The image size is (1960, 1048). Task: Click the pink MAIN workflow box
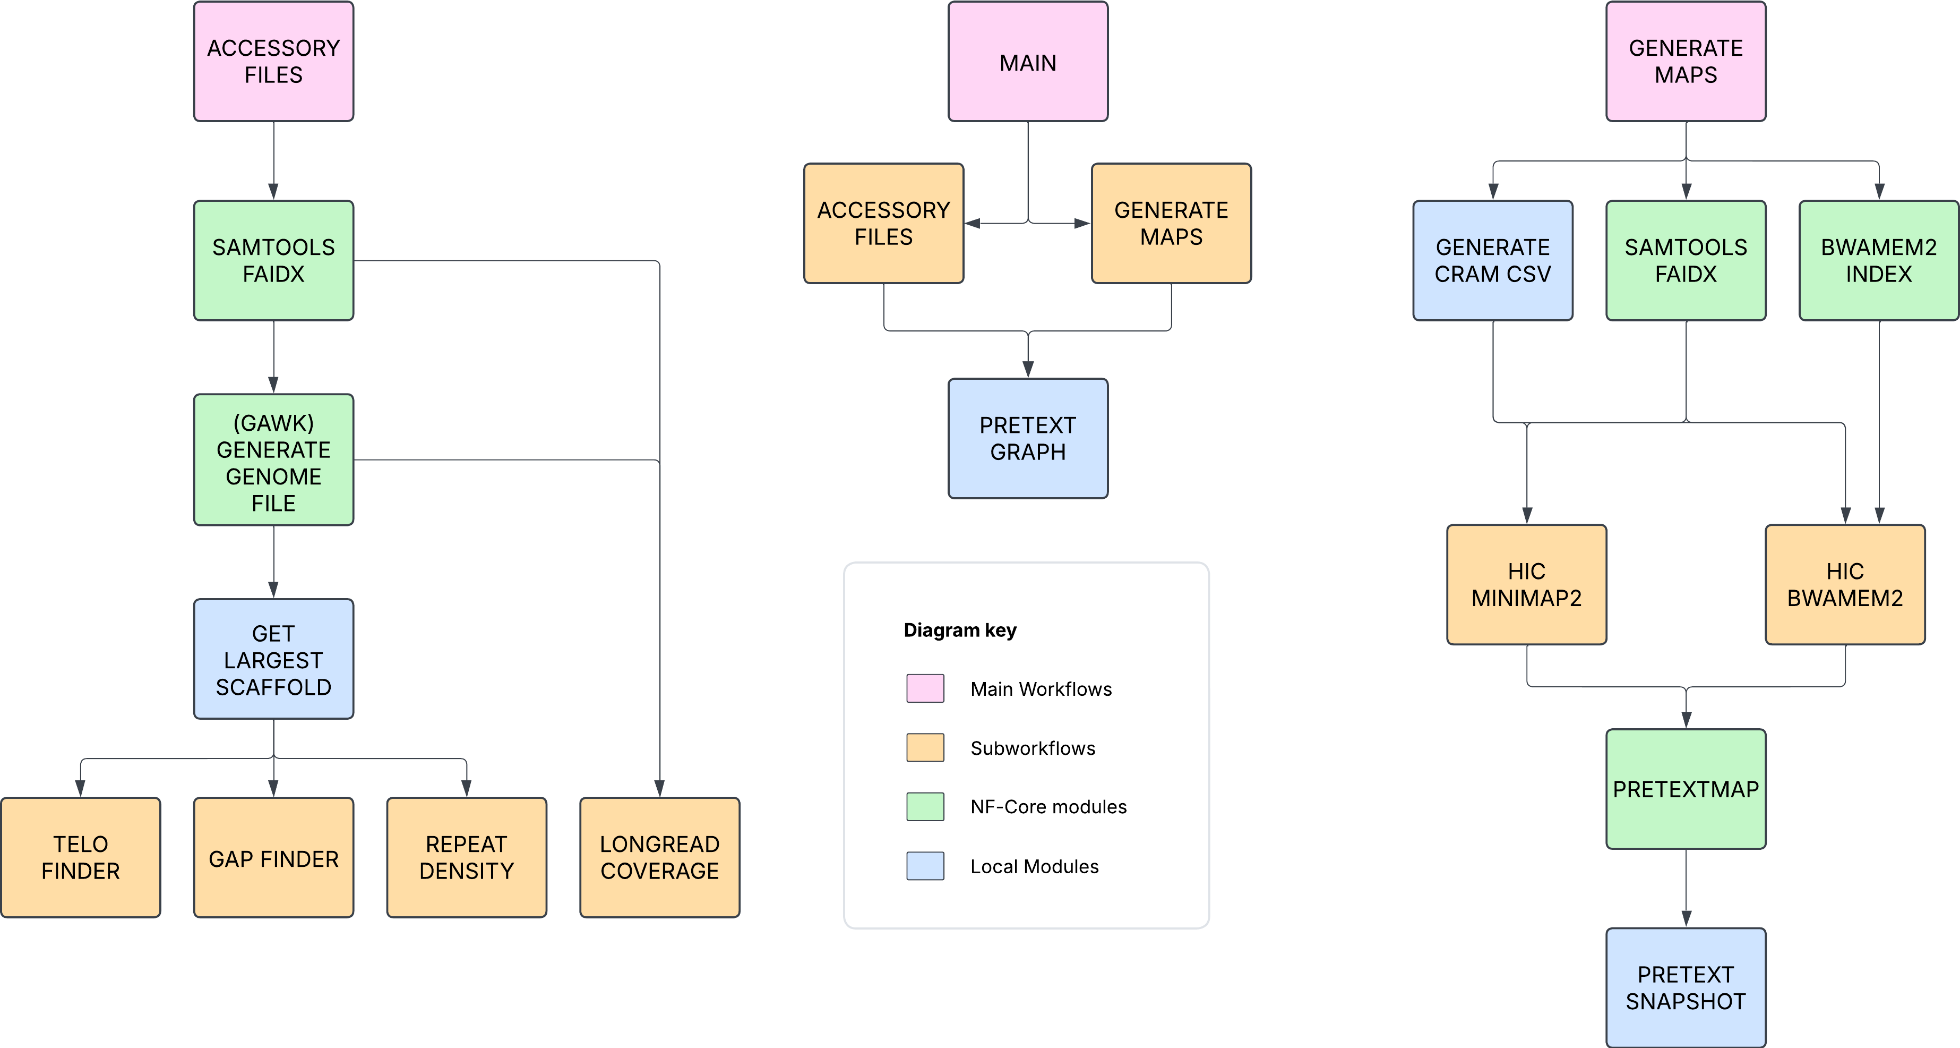click(1027, 62)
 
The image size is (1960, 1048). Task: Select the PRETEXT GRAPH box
click(1027, 438)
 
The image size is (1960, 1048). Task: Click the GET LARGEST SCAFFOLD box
click(273, 659)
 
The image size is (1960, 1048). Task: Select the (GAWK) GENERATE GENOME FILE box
click(273, 459)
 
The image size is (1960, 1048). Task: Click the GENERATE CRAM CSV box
click(1492, 260)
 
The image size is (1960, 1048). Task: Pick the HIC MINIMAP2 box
click(1526, 584)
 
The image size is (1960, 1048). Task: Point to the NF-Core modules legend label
click(1048, 807)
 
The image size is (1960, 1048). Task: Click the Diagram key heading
click(959, 630)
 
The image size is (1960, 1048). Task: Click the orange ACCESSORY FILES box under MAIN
click(883, 223)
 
